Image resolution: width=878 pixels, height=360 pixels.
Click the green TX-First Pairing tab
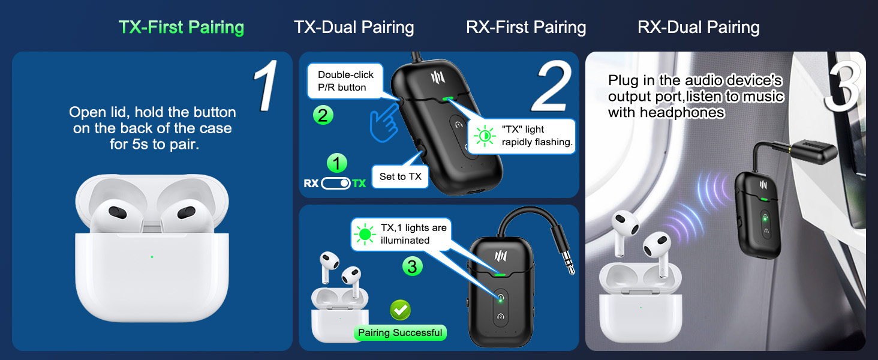point(181,28)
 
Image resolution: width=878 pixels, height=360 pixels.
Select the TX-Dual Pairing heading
point(354,28)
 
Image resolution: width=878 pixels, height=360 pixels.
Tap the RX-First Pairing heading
point(526,28)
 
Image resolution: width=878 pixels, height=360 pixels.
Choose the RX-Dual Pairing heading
point(699,28)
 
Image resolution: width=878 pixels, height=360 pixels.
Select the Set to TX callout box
point(401,176)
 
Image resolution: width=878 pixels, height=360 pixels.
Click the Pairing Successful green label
point(400,333)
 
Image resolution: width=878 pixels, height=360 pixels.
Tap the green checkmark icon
point(400,310)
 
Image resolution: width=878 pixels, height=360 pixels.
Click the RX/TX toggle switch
point(336,184)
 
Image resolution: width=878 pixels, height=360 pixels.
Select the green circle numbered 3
point(412,266)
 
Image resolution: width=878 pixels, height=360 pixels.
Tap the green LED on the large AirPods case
point(152,257)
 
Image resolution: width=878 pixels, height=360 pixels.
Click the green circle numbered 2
point(323,115)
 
